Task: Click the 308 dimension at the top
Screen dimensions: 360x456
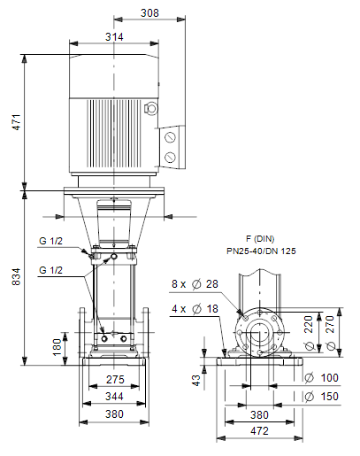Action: click(149, 13)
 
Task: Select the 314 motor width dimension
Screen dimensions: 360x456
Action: click(114, 37)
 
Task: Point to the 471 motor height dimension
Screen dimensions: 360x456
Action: click(17, 122)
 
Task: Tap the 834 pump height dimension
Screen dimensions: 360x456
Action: click(17, 276)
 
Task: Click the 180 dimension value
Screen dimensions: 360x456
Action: click(57, 347)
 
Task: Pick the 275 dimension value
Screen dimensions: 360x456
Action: click(115, 380)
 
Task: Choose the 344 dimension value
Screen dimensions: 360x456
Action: click(114, 397)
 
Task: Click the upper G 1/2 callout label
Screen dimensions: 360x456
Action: click(51, 241)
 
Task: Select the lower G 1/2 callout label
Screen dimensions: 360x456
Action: click(51, 270)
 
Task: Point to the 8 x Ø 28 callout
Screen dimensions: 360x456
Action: click(195, 284)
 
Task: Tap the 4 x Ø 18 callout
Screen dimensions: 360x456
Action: click(195, 309)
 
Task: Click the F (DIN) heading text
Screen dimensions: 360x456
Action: click(260, 238)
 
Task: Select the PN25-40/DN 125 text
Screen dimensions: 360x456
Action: click(261, 251)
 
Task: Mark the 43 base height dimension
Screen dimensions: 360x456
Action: click(196, 380)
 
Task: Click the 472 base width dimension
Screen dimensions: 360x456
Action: click(259, 431)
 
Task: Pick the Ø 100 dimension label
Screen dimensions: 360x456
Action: click(321, 378)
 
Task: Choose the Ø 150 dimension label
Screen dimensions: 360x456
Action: click(321, 397)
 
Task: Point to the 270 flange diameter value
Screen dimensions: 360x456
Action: click(331, 333)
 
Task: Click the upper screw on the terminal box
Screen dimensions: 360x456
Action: click(170, 137)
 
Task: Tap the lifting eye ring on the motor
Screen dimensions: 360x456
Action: click(151, 108)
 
